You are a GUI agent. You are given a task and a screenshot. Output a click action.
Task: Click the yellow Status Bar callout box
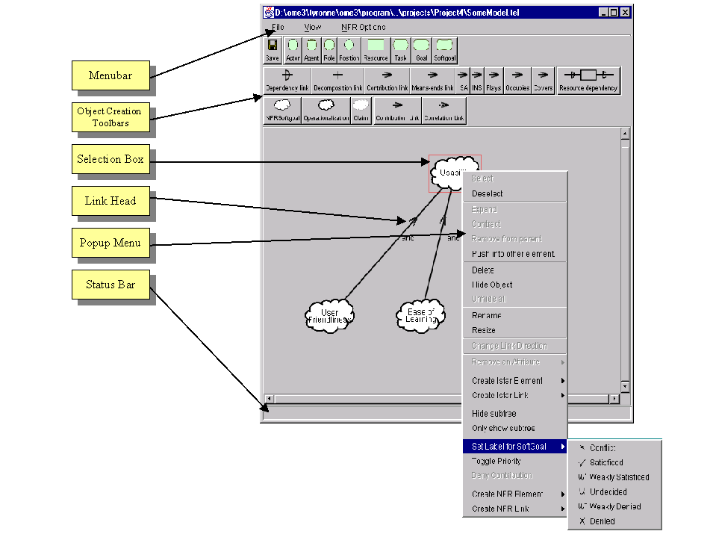pyautogui.click(x=110, y=285)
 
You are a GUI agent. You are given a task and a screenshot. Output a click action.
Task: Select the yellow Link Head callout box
pyautogui.click(x=110, y=202)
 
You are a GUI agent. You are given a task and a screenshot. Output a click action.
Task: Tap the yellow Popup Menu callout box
pyautogui.click(x=110, y=243)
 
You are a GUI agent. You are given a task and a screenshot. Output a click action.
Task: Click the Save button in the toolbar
pyautogui.click(x=273, y=50)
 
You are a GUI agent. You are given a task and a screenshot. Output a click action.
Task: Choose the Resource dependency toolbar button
pyautogui.click(x=588, y=80)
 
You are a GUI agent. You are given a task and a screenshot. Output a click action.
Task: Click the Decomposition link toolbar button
pyautogui.click(x=337, y=80)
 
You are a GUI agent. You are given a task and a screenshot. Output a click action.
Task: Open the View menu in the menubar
pyautogui.click(x=312, y=27)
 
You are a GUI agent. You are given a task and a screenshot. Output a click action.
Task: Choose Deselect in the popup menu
pyautogui.click(x=488, y=193)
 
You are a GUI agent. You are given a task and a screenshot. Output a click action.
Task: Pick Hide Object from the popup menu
pyautogui.click(x=492, y=285)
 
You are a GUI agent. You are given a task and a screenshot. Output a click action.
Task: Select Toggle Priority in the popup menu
pyautogui.click(x=496, y=461)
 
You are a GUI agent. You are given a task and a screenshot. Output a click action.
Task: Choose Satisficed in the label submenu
pyautogui.click(x=606, y=462)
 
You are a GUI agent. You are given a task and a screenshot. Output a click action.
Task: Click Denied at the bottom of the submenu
pyautogui.click(x=602, y=521)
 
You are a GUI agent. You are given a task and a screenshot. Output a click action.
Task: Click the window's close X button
pyautogui.click(x=625, y=13)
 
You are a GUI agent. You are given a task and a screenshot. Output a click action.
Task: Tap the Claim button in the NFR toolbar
pyautogui.click(x=361, y=110)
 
